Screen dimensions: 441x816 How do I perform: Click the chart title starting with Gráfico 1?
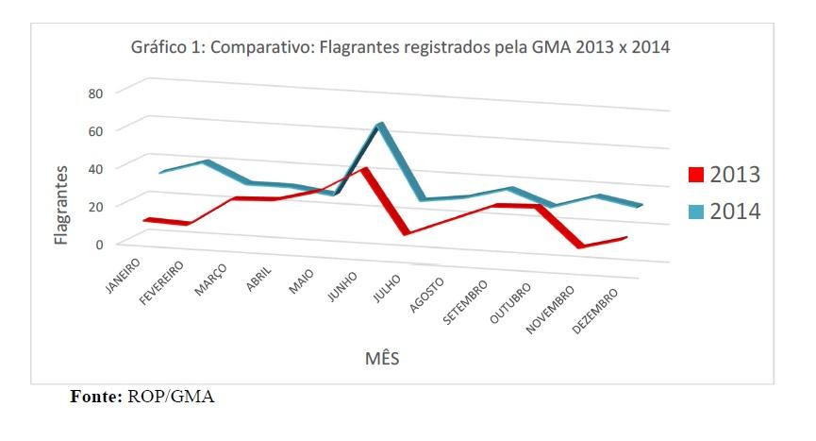(399, 46)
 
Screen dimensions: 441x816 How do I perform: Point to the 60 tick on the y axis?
(96, 129)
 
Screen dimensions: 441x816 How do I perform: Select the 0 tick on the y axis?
(99, 243)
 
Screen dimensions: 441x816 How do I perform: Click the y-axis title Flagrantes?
(62, 205)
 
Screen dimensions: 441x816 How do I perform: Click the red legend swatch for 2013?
(696, 175)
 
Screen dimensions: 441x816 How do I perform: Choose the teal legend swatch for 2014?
(696, 212)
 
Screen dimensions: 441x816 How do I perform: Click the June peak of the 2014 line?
(379, 125)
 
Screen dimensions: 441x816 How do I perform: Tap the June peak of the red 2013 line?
(364, 170)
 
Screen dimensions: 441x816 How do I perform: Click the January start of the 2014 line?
(162, 172)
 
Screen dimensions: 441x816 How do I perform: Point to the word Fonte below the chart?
(95, 397)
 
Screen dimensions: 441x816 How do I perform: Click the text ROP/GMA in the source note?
(170, 397)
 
